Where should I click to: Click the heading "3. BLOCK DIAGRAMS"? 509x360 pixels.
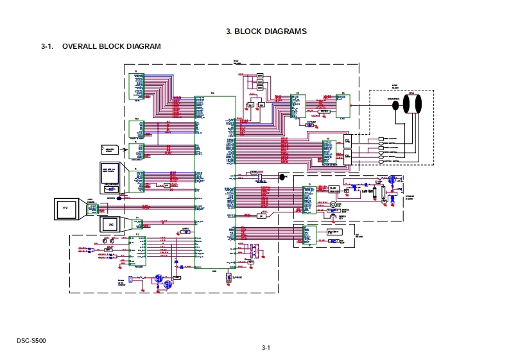click(x=266, y=31)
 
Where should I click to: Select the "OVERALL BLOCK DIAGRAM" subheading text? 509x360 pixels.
click(x=111, y=47)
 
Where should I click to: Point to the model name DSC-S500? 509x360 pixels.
click(x=31, y=340)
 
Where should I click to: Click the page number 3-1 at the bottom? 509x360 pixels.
click(x=266, y=348)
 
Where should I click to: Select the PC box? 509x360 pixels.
click(x=110, y=225)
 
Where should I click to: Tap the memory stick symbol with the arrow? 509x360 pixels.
click(x=110, y=150)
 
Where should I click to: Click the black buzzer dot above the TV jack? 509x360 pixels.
click(x=119, y=198)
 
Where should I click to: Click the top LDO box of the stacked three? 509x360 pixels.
click(x=260, y=77)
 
